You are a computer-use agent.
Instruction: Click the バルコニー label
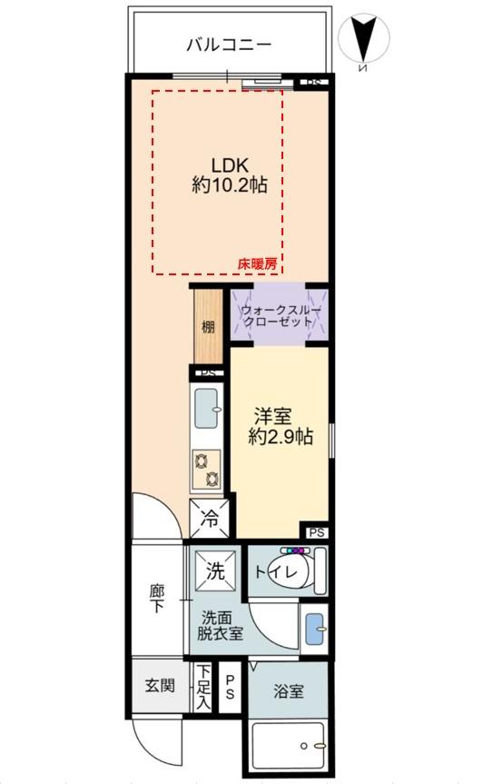click(x=229, y=44)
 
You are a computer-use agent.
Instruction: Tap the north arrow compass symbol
click(x=363, y=41)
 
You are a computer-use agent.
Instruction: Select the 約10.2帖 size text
click(x=230, y=186)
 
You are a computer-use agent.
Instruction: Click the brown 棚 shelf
click(x=208, y=326)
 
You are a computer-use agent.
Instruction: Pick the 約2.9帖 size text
click(x=281, y=437)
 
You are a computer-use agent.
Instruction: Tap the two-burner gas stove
click(x=206, y=471)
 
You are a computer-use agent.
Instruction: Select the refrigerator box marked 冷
click(x=209, y=521)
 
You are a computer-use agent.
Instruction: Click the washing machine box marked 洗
click(x=216, y=572)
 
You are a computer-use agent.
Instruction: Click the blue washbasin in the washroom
click(x=313, y=627)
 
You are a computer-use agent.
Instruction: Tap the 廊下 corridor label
click(x=157, y=598)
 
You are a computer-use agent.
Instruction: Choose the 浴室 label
click(x=290, y=691)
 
